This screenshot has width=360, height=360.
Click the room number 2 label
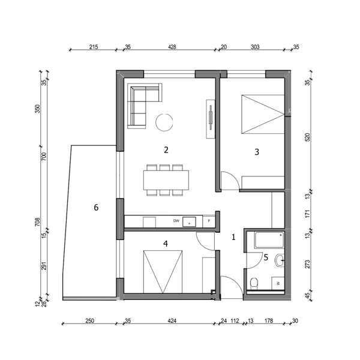(166, 150)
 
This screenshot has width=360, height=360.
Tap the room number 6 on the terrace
(96, 208)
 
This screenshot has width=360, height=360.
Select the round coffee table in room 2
(164, 122)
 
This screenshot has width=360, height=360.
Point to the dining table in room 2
(166, 180)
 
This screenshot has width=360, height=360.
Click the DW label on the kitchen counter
(176, 221)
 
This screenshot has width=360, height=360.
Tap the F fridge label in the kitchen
(209, 221)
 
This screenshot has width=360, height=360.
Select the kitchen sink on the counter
(189, 222)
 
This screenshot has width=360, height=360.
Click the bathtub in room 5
(269, 240)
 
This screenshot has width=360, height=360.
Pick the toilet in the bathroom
(254, 284)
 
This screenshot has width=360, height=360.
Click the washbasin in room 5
(280, 260)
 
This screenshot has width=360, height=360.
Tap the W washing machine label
(278, 284)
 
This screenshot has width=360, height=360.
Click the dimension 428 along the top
(172, 47)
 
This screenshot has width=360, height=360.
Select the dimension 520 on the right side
(308, 137)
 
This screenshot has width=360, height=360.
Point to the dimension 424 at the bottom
(172, 321)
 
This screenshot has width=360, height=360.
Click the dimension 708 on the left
(37, 222)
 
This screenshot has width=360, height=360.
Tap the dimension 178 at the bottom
(269, 321)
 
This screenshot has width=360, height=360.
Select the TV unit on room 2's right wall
(211, 119)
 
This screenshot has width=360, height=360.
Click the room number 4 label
(166, 244)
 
